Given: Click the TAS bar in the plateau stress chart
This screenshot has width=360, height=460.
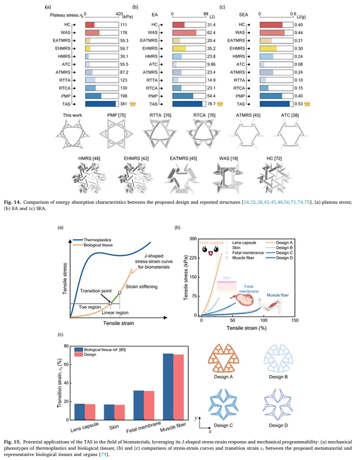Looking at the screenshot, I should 101,104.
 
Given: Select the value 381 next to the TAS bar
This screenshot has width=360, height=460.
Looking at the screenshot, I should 124,104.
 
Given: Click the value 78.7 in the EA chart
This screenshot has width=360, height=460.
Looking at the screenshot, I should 212,104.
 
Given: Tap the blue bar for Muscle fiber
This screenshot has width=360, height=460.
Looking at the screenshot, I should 168,386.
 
